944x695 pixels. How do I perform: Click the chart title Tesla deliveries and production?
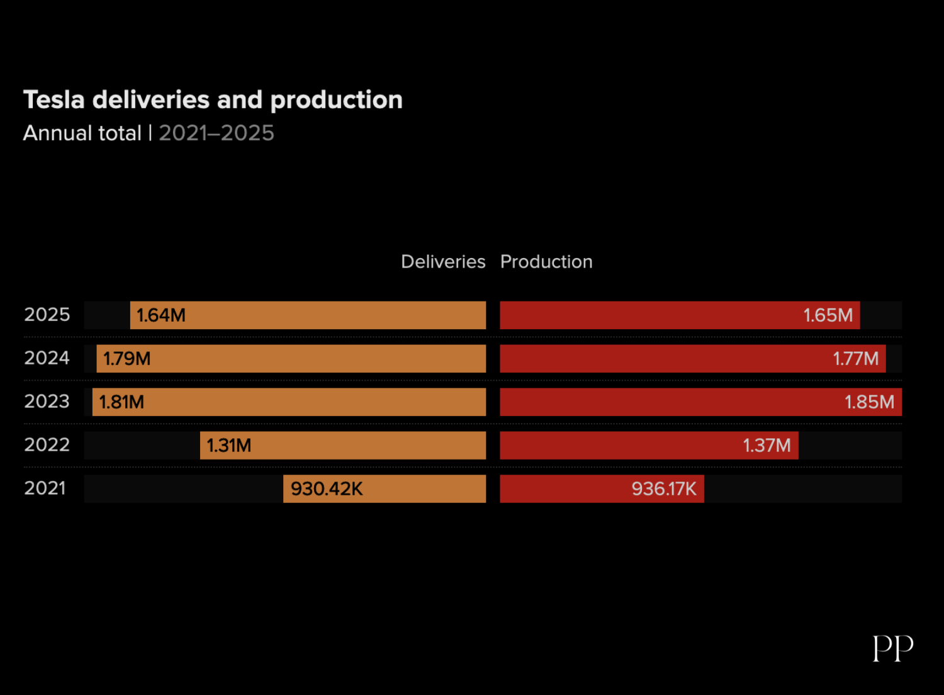[x=213, y=100]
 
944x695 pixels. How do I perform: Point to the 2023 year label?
[x=47, y=402]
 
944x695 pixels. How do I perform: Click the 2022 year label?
[x=47, y=445]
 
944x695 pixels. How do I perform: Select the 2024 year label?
[x=47, y=358]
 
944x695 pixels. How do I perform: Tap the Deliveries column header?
[x=443, y=262]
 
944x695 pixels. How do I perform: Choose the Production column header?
[x=546, y=262]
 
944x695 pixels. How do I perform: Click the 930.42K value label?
[x=327, y=489]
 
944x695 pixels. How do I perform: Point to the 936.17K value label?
[x=664, y=489]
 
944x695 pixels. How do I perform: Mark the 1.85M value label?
[x=869, y=402]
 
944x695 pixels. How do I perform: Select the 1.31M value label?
[x=229, y=446]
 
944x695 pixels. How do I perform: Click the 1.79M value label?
[x=127, y=359]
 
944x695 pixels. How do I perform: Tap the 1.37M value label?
[x=767, y=446]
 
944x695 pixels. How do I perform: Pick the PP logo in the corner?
[x=892, y=648]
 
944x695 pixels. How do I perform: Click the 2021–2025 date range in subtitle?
[x=216, y=133]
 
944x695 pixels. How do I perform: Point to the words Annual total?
[x=82, y=133]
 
